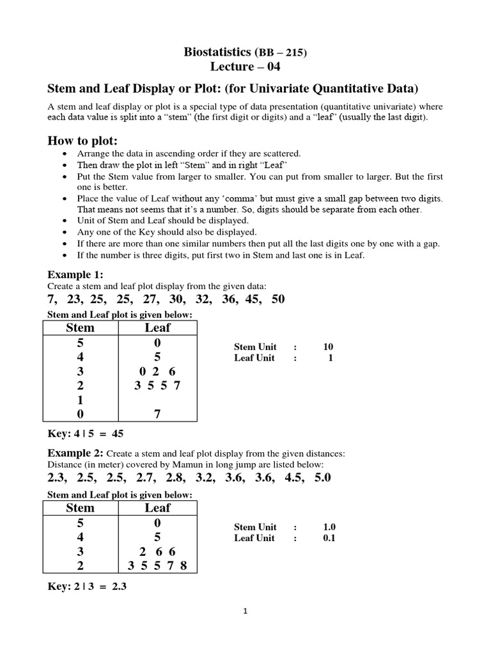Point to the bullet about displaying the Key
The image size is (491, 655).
tap(167, 232)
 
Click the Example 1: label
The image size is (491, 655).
tap(75, 274)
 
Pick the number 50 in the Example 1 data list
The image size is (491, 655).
tap(277, 299)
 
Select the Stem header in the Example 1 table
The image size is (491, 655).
tap(80, 327)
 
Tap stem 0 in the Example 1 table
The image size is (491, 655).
tap(80, 414)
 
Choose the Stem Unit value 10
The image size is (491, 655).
tap(328, 347)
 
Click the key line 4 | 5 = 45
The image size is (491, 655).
tap(86, 434)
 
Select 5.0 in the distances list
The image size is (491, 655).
tap(322, 478)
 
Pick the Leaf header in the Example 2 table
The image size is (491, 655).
tap(157, 508)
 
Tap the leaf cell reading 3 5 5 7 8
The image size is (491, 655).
tap(157, 565)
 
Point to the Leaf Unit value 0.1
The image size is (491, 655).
tap(329, 538)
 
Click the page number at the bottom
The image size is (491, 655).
tap(245, 611)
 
